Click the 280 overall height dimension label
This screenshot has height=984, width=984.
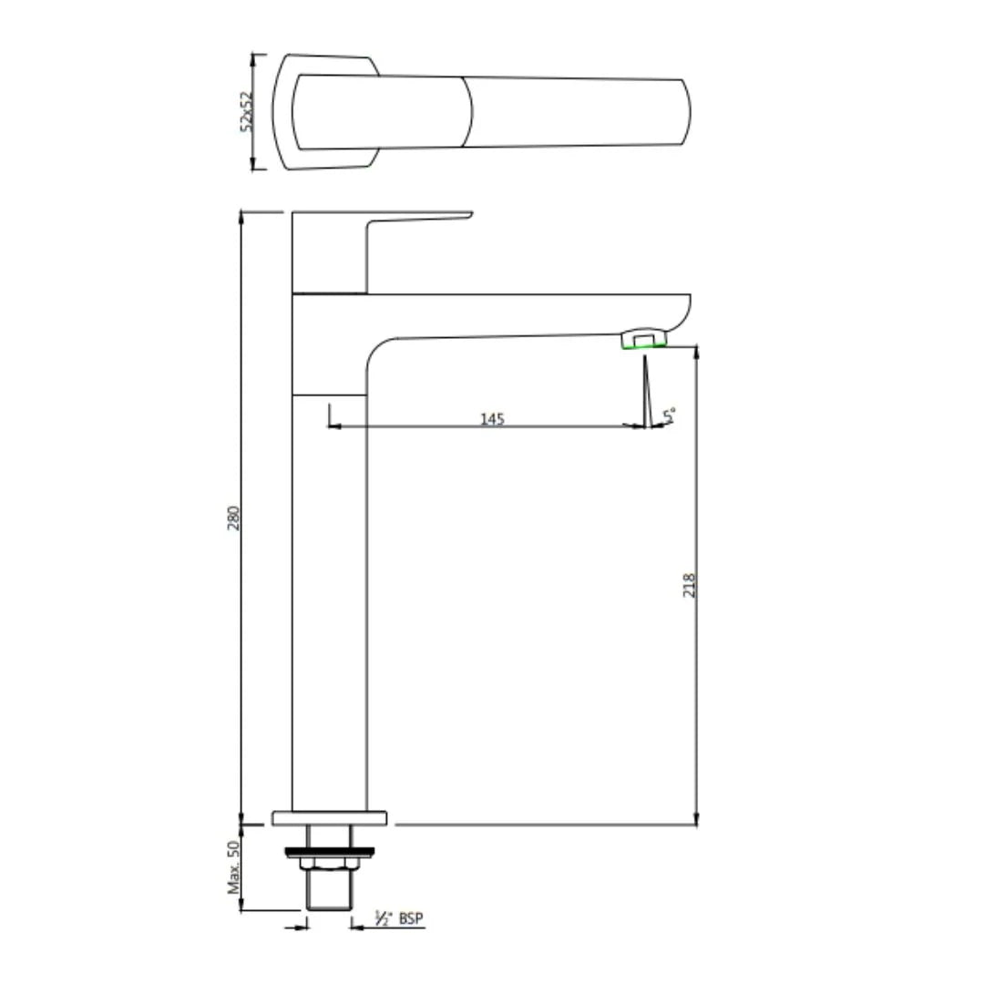[x=233, y=520]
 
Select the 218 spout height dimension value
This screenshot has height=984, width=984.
[x=689, y=584]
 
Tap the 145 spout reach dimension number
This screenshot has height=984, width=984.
[x=492, y=418]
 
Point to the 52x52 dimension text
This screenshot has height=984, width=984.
[x=245, y=111]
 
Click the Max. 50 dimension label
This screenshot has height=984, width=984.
[x=233, y=866]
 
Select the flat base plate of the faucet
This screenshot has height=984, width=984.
[x=329, y=818]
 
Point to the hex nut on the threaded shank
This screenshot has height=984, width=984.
[x=329, y=863]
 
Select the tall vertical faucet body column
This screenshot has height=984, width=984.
[x=328, y=592]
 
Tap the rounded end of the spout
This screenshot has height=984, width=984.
[x=682, y=312]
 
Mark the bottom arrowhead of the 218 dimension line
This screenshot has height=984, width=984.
[x=697, y=819]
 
